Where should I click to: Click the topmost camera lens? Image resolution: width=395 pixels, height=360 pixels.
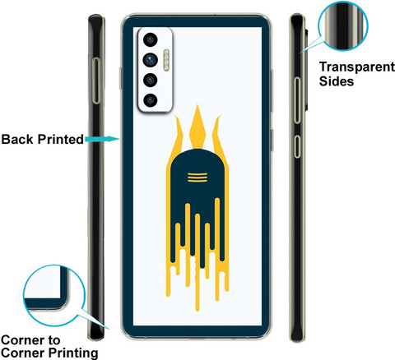point(150,40)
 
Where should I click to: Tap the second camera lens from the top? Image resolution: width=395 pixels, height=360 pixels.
point(150,60)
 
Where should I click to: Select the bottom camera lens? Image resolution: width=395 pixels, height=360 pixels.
point(150,100)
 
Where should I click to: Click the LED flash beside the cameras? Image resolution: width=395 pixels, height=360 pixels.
point(166,60)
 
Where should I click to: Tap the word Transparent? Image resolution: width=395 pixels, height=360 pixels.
point(357,67)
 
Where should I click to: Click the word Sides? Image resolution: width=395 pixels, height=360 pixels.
point(337,81)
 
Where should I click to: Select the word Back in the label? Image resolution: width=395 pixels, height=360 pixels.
point(18,139)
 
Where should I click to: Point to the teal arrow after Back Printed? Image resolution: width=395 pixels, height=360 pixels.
point(102,139)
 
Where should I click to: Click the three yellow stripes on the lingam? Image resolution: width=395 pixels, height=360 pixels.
point(197,178)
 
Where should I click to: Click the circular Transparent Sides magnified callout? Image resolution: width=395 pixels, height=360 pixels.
point(343,25)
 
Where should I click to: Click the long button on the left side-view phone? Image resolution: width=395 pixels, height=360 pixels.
point(96,81)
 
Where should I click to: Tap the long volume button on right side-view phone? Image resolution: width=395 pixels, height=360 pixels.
point(297,100)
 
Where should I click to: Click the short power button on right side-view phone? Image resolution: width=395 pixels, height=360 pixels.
point(297,146)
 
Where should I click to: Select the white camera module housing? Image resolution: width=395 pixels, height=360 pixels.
point(155,70)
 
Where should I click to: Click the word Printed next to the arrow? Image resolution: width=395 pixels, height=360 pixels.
point(60,139)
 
